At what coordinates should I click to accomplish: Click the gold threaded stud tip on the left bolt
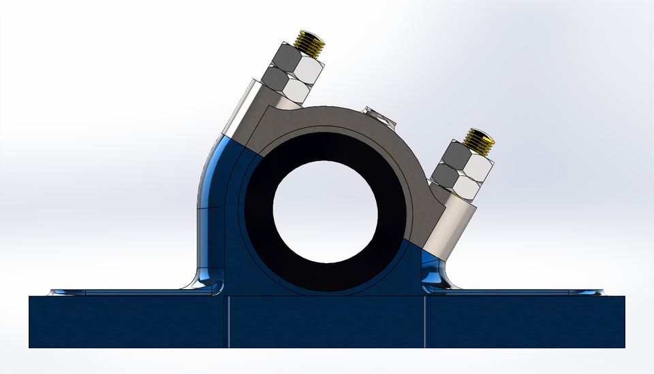pos(311,42)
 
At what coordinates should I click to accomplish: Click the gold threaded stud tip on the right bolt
pos(480,139)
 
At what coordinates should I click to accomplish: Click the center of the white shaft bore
pos(325,211)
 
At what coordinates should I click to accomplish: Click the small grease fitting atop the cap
pos(379,115)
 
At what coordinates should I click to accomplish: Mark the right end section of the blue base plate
pos(525,322)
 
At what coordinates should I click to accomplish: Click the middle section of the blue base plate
pos(327,322)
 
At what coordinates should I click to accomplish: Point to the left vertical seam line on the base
pos(229,322)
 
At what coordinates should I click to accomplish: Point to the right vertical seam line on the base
pos(425,322)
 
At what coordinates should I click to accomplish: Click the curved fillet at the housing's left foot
pos(198,282)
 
